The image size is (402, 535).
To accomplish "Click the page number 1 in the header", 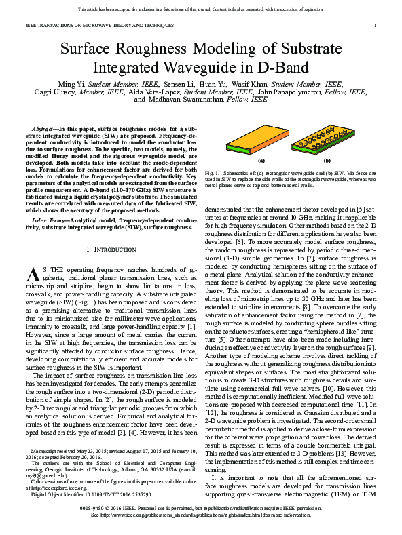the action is [375, 25].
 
